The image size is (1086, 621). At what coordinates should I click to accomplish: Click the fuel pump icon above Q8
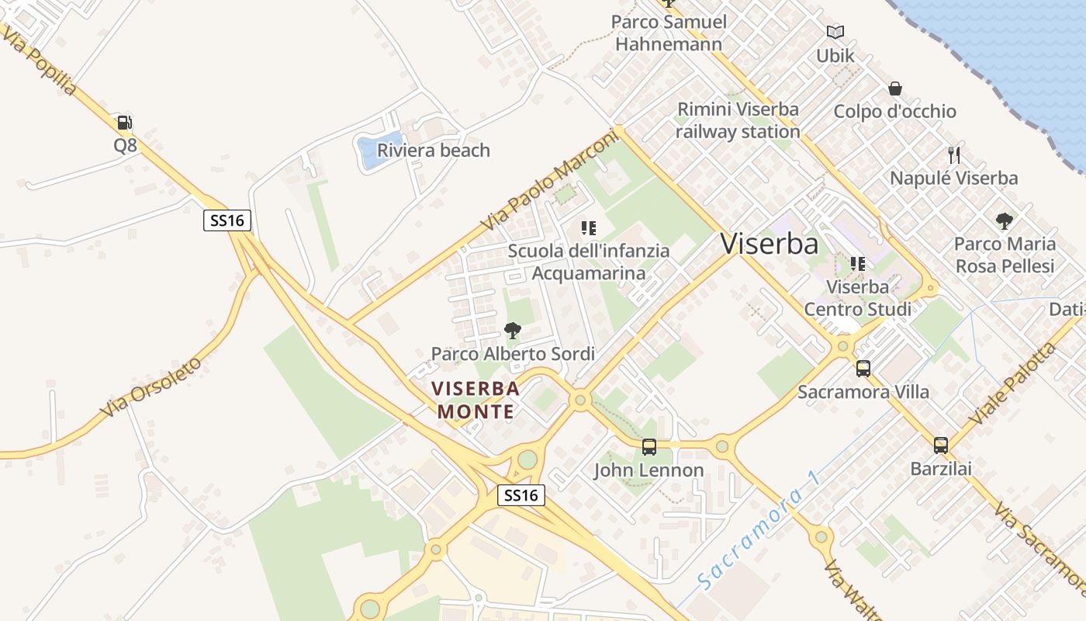124,123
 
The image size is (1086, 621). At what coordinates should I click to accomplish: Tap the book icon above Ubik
835,33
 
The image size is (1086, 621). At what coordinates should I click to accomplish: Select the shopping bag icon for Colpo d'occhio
894,88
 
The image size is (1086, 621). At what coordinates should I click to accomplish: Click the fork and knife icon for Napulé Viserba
954,155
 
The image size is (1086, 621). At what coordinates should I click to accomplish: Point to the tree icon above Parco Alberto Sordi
512,331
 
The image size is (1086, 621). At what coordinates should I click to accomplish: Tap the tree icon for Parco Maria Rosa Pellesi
1005,221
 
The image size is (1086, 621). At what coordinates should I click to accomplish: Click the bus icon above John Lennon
649,447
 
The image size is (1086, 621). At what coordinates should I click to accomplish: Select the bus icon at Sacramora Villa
863,369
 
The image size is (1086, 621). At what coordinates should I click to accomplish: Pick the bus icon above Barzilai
941,446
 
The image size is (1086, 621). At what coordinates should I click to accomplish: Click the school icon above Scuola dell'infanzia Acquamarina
589,228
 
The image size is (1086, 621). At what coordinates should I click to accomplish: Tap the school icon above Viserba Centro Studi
857,264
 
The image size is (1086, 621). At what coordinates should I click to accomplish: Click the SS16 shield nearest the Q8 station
227,220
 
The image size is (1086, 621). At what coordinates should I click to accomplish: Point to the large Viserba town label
769,244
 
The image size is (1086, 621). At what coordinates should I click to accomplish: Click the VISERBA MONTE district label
476,400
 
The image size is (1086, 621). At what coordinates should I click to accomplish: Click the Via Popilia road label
40,61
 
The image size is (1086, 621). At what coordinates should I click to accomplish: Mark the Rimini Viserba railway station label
737,120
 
